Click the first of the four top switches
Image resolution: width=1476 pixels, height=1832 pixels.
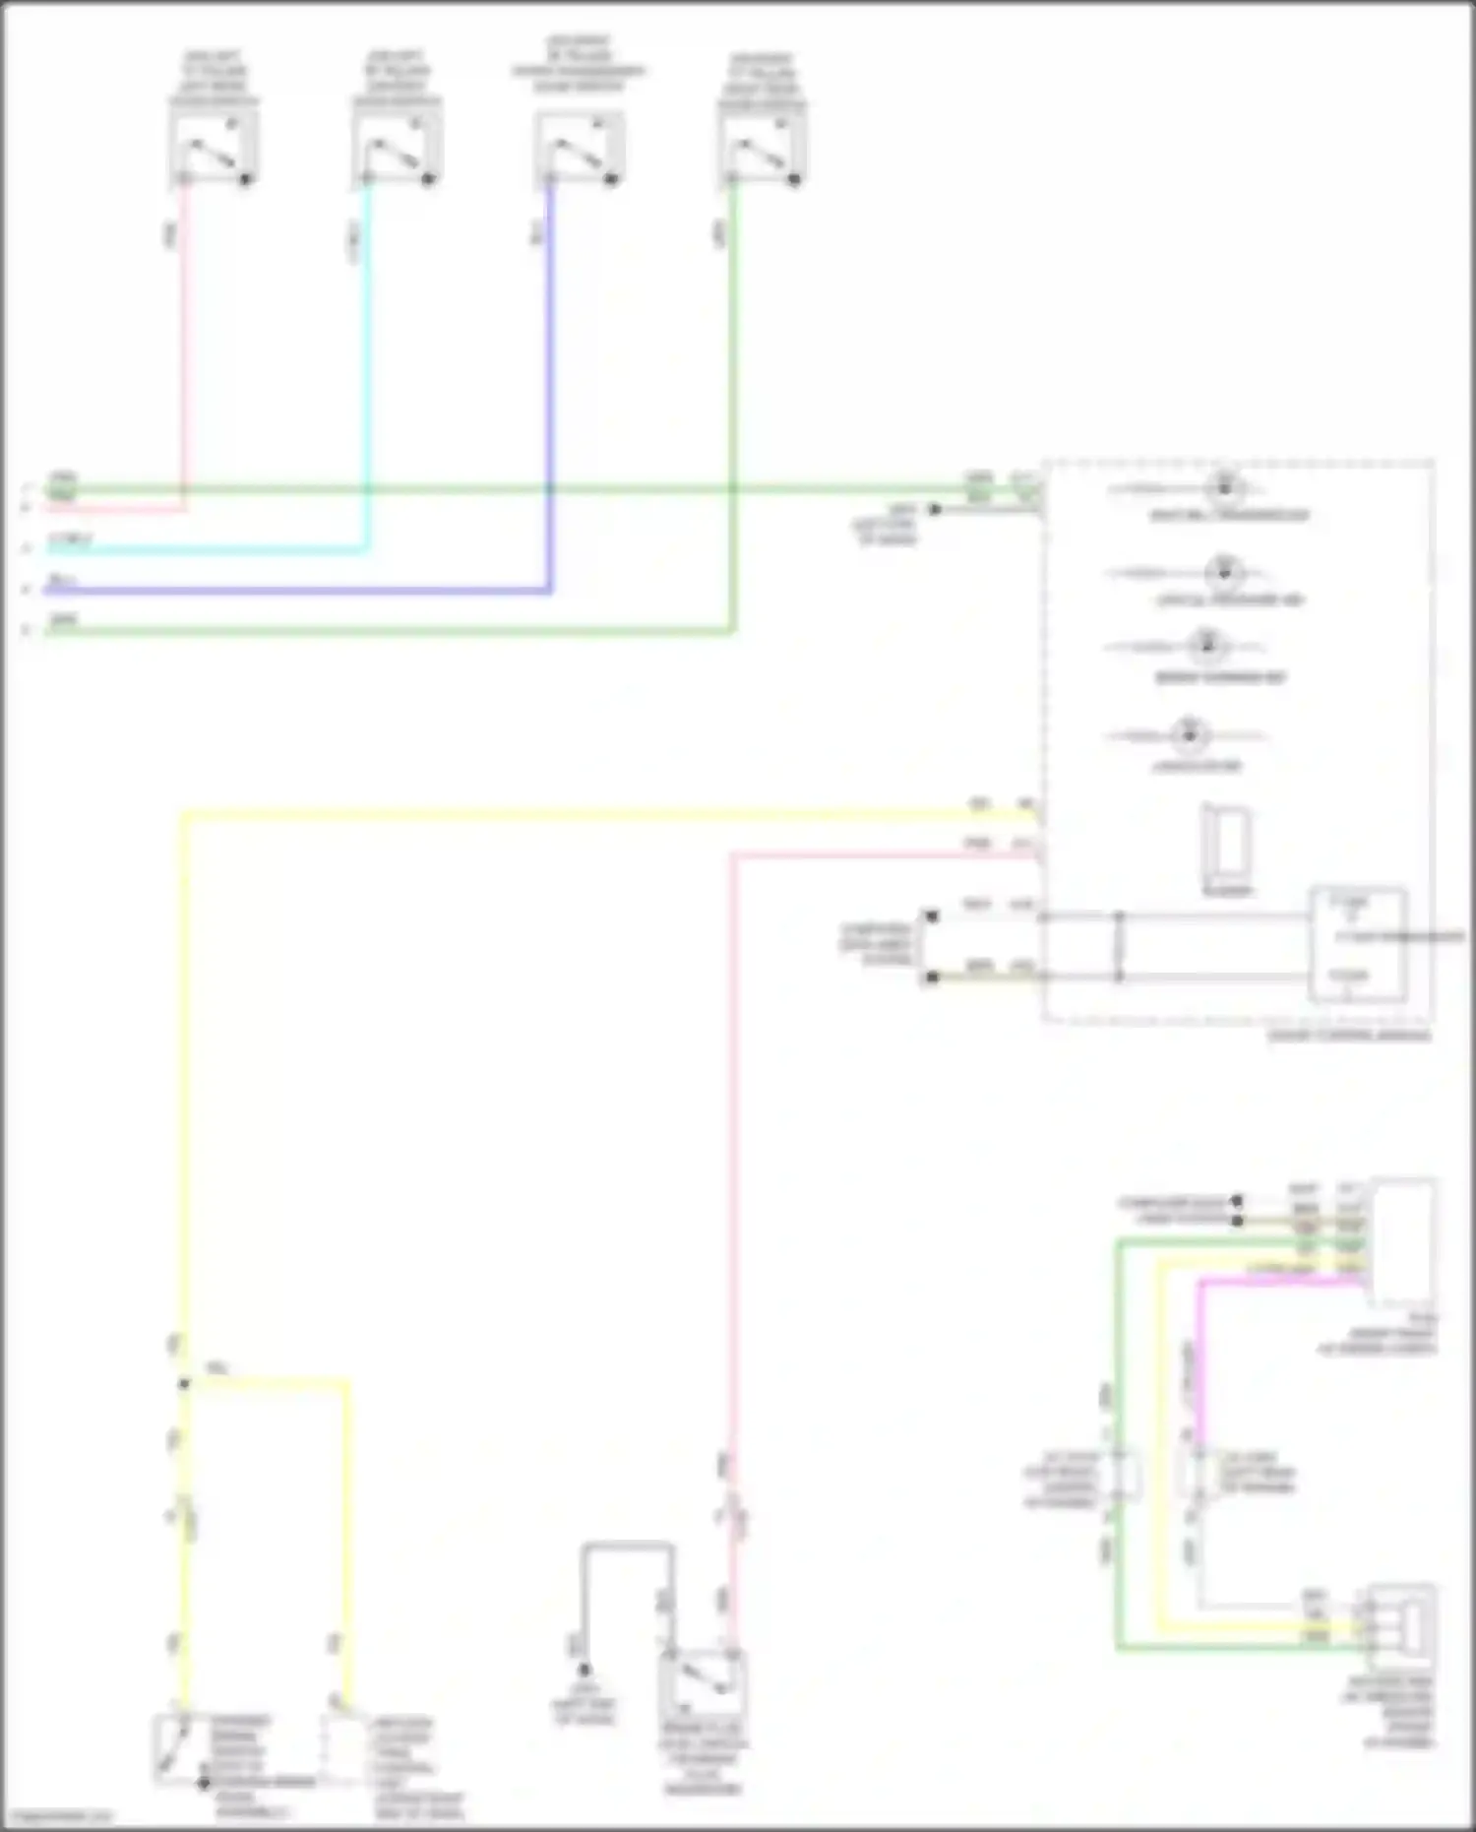click(214, 148)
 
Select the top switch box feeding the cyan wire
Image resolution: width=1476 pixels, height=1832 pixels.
click(397, 148)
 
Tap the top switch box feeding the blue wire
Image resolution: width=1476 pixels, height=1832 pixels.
click(580, 148)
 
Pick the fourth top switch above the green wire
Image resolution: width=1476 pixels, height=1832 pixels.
click(763, 148)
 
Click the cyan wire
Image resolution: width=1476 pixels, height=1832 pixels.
click(368, 394)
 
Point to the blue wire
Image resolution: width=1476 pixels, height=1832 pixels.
click(550, 394)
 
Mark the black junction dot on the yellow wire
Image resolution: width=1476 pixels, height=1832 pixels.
click(184, 1384)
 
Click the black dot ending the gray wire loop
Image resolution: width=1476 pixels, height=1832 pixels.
click(584, 1670)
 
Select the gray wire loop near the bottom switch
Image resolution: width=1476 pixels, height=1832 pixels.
click(628, 1547)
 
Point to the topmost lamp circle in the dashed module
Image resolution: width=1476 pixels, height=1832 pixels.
click(1225, 487)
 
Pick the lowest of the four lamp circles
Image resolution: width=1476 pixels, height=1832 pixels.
click(1189, 735)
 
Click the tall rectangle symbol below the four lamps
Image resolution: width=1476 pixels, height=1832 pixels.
click(1226, 844)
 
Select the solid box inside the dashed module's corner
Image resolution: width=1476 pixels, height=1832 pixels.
click(1357, 945)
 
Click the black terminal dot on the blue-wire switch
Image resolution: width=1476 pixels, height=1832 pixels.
click(610, 179)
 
